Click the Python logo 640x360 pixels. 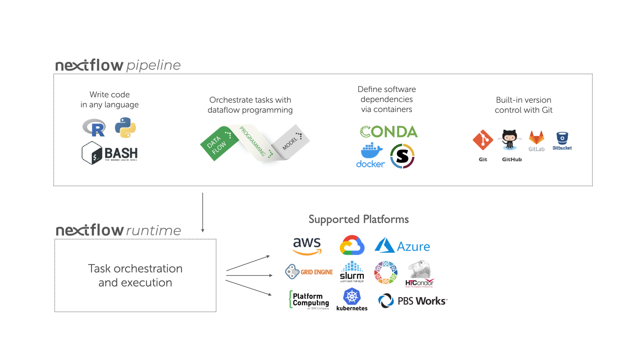125,128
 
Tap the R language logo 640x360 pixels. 94,128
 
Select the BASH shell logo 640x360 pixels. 110,153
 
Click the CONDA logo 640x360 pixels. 389,132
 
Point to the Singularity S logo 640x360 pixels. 402,156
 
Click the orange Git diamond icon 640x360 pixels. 483,140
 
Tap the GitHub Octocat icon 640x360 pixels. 510,139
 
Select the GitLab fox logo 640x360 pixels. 536,137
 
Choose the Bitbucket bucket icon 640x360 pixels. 562,138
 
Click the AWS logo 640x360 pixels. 307,246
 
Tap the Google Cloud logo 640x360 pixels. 352,246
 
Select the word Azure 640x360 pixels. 413,247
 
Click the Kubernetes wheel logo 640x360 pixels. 352,296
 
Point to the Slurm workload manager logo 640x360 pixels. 352,272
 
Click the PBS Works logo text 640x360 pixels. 422,301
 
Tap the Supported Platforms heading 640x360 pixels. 358,219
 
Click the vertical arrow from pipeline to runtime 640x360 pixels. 203,212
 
